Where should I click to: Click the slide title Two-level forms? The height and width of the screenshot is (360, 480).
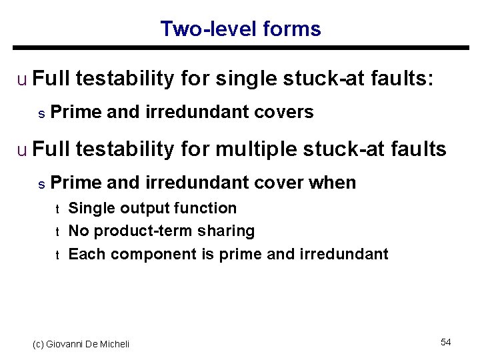click(x=240, y=29)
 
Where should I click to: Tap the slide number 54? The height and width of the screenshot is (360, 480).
click(x=446, y=342)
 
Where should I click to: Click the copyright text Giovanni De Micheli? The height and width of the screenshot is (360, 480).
click(x=81, y=344)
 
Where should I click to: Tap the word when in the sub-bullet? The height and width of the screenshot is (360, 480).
click(x=333, y=182)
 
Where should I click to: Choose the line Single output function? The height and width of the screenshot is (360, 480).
click(x=153, y=208)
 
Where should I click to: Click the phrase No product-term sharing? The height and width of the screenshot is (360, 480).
click(x=161, y=231)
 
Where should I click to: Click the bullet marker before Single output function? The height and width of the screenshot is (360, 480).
click(x=57, y=209)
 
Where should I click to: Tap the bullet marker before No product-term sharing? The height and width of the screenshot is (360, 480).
click(x=57, y=232)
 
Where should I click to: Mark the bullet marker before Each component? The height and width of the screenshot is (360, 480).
click(x=57, y=255)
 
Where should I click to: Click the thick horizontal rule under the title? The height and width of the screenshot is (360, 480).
click(x=240, y=48)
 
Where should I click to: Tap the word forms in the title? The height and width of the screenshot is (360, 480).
click(x=292, y=29)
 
